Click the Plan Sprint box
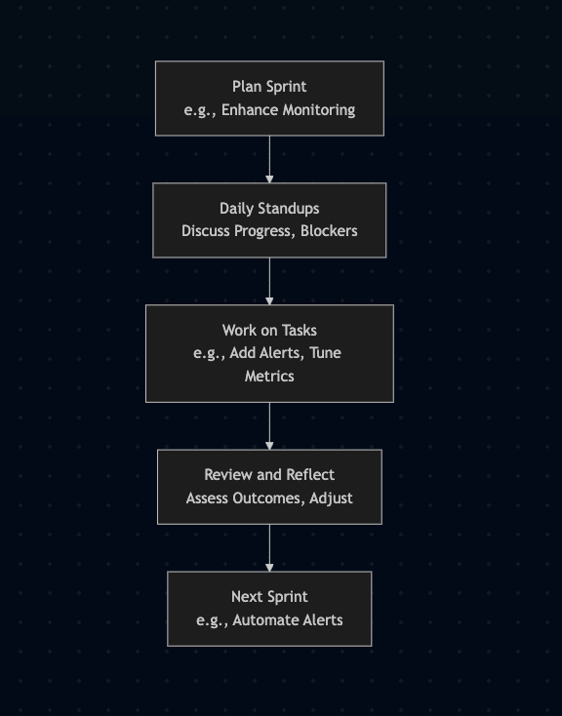pyautogui.click(x=269, y=99)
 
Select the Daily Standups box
pyautogui.click(x=269, y=220)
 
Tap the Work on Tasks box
pyautogui.click(x=269, y=353)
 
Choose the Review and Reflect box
pyautogui.click(x=269, y=487)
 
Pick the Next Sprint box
pyautogui.click(x=269, y=609)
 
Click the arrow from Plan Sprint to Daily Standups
pyautogui.click(x=269, y=159)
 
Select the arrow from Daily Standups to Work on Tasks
pyautogui.click(x=269, y=281)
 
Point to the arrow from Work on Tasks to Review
pyautogui.click(x=269, y=426)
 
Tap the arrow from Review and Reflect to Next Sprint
pyautogui.click(x=269, y=548)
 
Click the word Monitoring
pyautogui.click(x=319, y=110)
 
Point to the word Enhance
pyautogui.click(x=250, y=110)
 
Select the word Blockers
pyautogui.click(x=329, y=231)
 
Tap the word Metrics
pyautogui.click(x=269, y=377)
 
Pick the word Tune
pyautogui.click(x=325, y=353)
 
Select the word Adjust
pyautogui.click(x=331, y=498)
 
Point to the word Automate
pyautogui.click(x=260, y=620)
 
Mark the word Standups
pyautogui.click(x=288, y=209)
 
